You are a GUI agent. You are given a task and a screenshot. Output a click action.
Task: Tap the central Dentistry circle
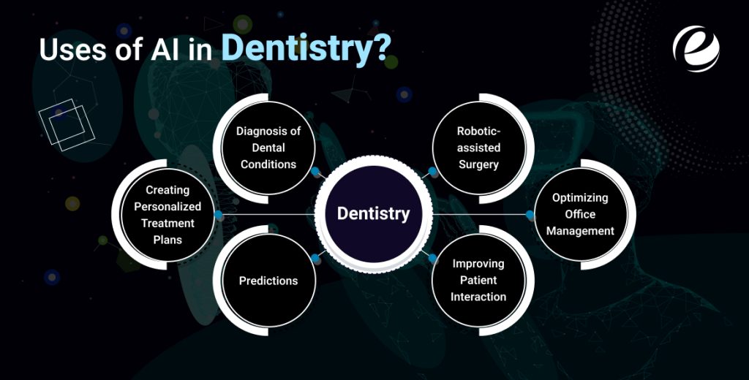[x=373, y=214]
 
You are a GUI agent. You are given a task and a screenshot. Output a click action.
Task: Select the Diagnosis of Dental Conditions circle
[x=268, y=148]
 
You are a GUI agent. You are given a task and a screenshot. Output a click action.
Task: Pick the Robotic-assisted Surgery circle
[x=478, y=148]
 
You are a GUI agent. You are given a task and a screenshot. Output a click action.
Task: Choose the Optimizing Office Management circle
[x=583, y=214]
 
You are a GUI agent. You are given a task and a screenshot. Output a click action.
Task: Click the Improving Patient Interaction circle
[x=478, y=280]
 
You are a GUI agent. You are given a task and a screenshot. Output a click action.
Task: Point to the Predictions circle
[x=268, y=281]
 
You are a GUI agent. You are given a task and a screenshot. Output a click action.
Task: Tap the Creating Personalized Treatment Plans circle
[x=168, y=214]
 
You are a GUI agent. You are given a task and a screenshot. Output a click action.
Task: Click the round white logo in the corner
[x=696, y=44]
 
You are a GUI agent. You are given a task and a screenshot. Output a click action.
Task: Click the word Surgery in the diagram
[x=478, y=164]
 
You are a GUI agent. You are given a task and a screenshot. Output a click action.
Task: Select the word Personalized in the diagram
[x=168, y=206]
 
